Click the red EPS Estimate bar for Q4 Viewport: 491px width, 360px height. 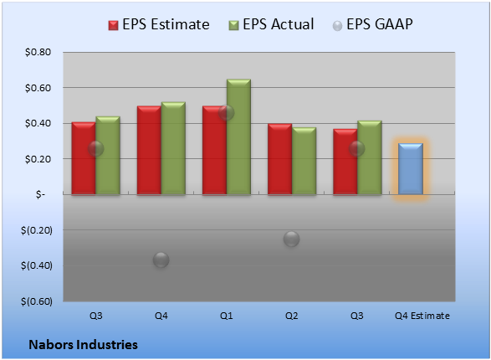149,151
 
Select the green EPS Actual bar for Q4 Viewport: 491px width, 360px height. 173,148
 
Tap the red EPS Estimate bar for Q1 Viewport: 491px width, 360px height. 214,151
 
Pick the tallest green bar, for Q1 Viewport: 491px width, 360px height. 238,137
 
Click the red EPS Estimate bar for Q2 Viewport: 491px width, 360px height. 279,159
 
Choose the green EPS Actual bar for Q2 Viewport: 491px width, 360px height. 304,161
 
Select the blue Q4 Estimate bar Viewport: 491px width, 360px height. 411,169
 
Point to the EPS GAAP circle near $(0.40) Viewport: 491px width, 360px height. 161,260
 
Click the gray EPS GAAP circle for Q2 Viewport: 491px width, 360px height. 292,239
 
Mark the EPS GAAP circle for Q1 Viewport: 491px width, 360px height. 226,112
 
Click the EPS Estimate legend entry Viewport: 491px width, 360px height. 159,24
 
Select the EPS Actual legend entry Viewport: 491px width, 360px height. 271,24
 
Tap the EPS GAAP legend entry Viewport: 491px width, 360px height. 372,24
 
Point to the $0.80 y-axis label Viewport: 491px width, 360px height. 38,52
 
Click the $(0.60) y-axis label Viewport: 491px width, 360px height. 37,301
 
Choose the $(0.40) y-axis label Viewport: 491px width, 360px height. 37,265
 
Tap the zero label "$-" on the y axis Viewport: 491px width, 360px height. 40,194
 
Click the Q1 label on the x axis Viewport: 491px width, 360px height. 227,316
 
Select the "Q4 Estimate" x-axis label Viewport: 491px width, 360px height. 422,316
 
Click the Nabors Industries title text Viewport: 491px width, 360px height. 83,345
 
